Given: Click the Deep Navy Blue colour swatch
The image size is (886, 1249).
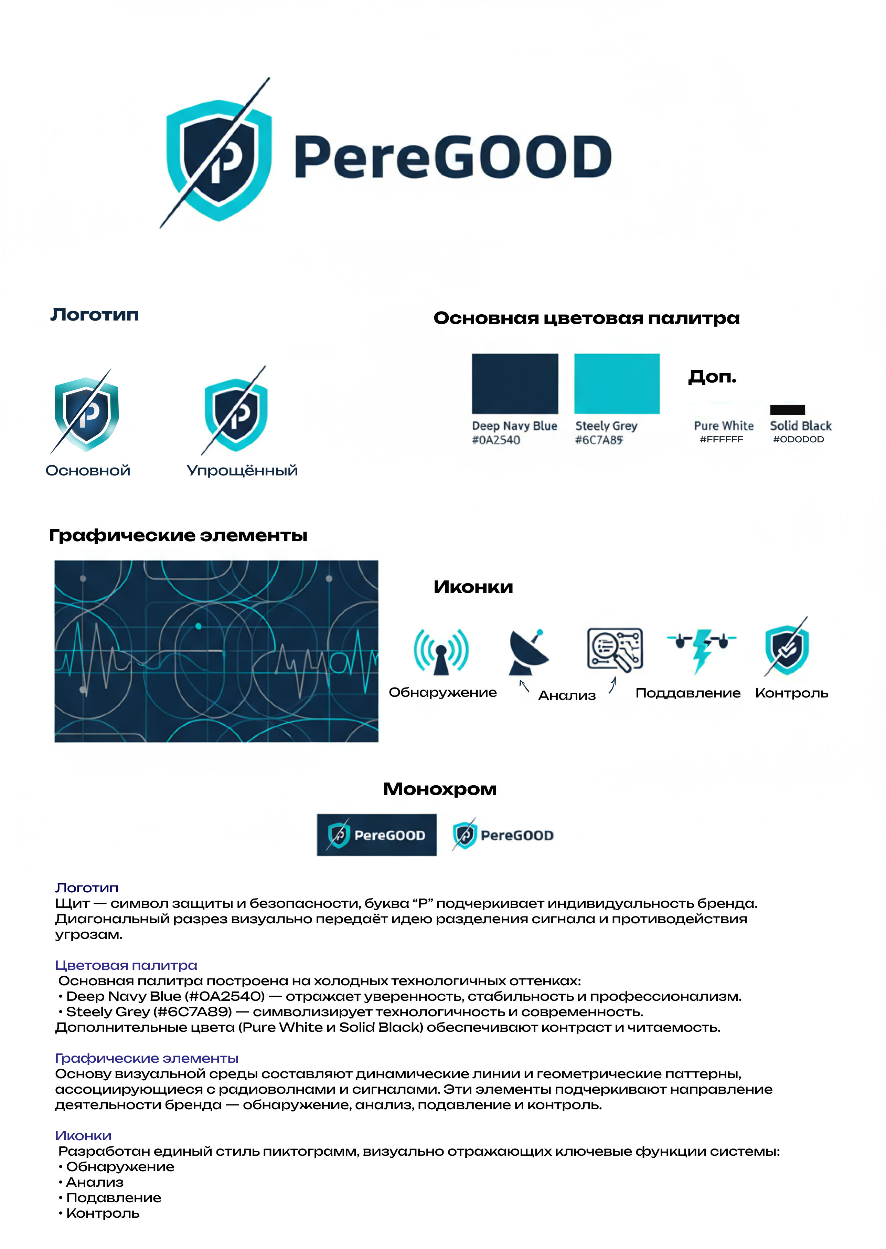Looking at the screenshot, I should pyautogui.click(x=514, y=383).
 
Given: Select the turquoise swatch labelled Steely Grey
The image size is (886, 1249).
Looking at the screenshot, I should pyautogui.click(x=617, y=383).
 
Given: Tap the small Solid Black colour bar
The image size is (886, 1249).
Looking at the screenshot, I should pyautogui.click(x=787, y=410).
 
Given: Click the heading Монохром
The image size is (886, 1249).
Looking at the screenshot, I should pyautogui.click(x=440, y=789).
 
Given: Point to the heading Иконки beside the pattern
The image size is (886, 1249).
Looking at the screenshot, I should pyautogui.click(x=473, y=587).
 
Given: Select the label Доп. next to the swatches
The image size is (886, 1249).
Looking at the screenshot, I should pyautogui.click(x=712, y=376).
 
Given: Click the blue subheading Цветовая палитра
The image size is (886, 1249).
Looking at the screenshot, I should pyautogui.click(x=126, y=965).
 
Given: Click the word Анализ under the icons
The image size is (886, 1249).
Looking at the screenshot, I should pyautogui.click(x=567, y=695).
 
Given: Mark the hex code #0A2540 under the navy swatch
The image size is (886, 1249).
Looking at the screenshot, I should pyautogui.click(x=495, y=440).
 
